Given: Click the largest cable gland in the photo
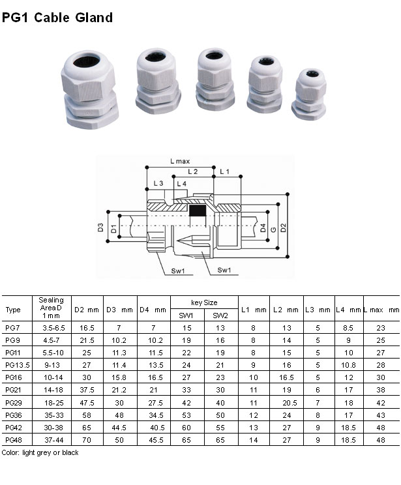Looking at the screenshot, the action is point(89,90).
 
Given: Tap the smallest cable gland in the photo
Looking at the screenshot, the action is point(309,95).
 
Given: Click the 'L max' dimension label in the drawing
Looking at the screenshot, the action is point(180,161).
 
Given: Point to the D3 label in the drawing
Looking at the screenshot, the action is point(100,228).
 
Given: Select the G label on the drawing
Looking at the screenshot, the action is point(273,229).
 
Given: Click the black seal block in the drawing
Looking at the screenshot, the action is point(198,211).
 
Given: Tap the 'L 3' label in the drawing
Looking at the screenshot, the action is point(158,183).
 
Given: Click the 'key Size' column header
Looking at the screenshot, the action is point(204,302).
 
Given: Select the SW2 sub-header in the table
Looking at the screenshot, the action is point(220,316).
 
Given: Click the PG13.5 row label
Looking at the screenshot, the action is point(18,365).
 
